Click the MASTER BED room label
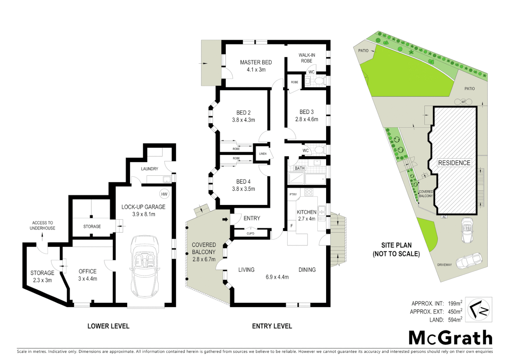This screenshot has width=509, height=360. (256, 62)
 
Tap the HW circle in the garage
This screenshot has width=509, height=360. (164, 194)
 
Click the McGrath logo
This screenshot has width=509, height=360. (450, 338)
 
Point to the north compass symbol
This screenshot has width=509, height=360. (478, 310)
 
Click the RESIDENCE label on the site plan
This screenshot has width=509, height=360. (454, 163)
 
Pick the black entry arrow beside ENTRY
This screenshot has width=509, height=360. (225, 219)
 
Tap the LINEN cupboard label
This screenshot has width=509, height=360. (263, 154)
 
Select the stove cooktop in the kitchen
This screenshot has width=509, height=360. (309, 192)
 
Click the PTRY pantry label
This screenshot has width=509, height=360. (293, 194)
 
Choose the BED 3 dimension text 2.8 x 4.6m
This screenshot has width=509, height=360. (306, 119)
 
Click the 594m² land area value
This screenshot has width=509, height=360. (455, 320)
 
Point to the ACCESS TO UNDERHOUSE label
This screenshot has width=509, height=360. (42, 225)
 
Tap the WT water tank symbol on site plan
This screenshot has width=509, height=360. (463, 102)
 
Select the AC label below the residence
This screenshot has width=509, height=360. (444, 217)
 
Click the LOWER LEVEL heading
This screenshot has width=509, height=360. (108, 326)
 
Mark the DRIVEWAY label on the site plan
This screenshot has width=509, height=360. (444, 265)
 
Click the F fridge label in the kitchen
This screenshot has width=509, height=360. (292, 226)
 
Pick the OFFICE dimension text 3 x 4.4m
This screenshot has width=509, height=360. (88, 279)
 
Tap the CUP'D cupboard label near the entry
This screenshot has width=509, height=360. (251, 233)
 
